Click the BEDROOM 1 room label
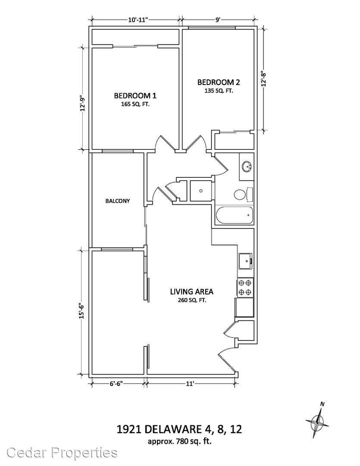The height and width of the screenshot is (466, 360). point(132,95)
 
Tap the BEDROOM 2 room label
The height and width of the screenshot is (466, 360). point(218,82)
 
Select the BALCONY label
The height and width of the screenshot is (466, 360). point(118,201)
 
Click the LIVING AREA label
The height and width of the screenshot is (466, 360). point(191,291)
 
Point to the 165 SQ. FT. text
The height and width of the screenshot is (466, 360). point(132,104)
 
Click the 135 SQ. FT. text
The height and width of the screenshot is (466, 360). point(218,91)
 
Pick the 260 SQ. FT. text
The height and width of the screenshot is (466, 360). point(191,300)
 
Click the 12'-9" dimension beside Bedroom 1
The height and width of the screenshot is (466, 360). point(82,104)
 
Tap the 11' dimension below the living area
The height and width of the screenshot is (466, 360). point(190,383)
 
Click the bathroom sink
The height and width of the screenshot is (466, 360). point(247,166)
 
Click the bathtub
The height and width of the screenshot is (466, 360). point(234,216)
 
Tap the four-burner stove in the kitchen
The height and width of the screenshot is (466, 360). point(245,288)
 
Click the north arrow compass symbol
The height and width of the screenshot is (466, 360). point(318,421)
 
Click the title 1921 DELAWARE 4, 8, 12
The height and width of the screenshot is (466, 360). point(181,430)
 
